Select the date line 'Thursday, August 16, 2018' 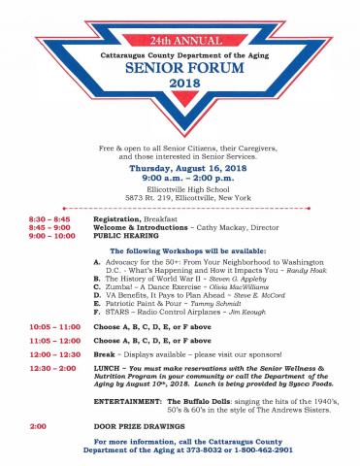point(180,167)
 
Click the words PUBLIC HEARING point(125,236)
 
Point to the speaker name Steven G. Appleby point(212,278)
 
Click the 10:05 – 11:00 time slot point(47,327)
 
